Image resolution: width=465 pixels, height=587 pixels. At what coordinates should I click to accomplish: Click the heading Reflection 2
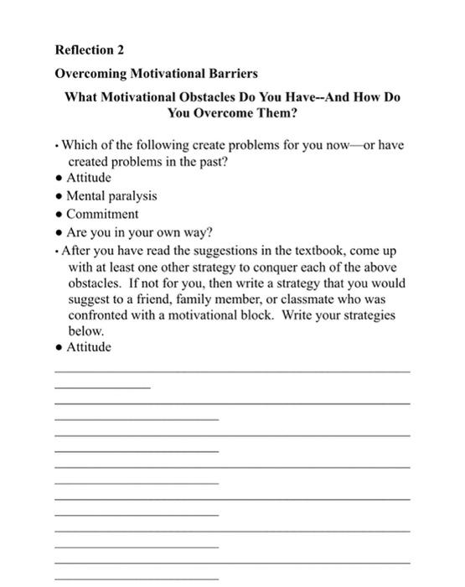tap(89, 50)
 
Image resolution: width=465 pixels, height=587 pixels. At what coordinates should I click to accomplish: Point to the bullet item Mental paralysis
tap(111, 195)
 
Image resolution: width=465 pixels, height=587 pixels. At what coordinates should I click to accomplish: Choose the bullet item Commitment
tap(102, 213)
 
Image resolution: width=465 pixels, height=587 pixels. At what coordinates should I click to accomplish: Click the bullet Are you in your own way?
tap(138, 231)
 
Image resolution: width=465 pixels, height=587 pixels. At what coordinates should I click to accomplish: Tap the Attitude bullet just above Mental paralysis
tap(89, 178)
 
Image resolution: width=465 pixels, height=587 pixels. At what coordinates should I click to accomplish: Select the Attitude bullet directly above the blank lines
tap(89, 347)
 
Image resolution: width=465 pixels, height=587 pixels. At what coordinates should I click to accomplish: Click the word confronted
tap(100, 316)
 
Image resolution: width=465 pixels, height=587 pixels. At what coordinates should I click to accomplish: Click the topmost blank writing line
tap(232, 371)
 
